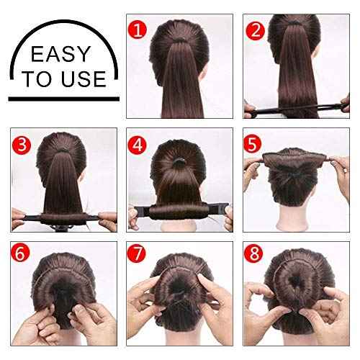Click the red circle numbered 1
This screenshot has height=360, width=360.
[x=138, y=30]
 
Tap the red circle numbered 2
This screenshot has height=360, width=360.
[x=254, y=30]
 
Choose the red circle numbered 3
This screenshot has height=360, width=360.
[x=22, y=143]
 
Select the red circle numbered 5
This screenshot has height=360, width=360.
[x=255, y=143]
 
